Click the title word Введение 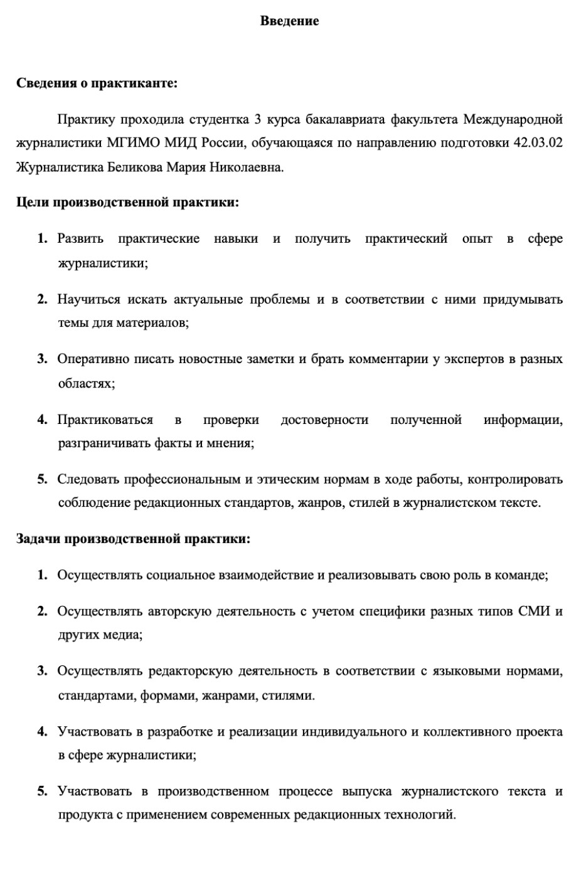[x=289, y=21]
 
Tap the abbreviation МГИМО [x=133, y=143]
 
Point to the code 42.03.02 [x=538, y=143]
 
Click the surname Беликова [x=134, y=167]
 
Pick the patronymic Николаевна [x=248, y=167]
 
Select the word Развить [x=80, y=239]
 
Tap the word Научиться [x=88, y=299]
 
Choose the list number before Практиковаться [x=42, y=420]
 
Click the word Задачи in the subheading [x=37, y=539]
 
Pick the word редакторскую [x=190, y=672]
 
